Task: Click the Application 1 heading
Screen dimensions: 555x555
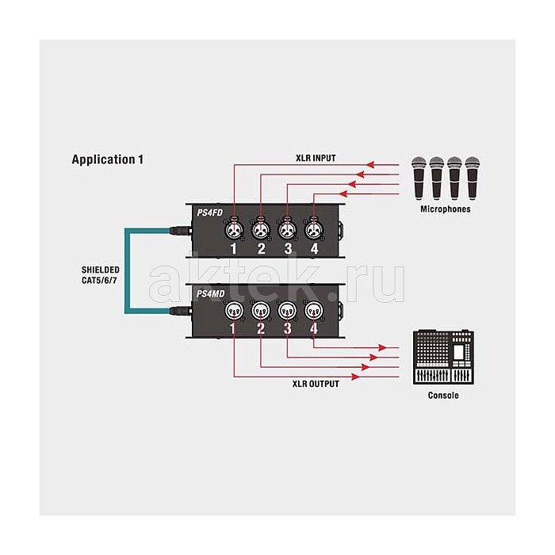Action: point(108,159)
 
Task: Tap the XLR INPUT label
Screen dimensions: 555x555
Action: point(316,159)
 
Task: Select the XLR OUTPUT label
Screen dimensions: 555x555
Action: point(316,384)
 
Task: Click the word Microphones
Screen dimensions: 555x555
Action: point(446,209)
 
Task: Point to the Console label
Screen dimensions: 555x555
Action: point(443,396)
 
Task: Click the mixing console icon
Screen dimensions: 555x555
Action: point(443,358)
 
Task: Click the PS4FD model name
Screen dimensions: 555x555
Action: point(210,212)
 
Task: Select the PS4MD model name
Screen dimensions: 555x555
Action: point(211,294)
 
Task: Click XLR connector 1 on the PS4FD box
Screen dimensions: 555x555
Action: point(234,231)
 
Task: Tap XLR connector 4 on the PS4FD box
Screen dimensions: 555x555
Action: point(313,231)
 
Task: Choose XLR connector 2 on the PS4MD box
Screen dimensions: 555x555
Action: point(261,311)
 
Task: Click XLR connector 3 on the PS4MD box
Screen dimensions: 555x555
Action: point(287,311)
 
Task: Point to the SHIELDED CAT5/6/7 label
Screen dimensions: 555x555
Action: point(100,275)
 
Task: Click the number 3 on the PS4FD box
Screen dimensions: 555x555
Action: point(288,249)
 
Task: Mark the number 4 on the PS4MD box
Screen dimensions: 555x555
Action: point(314,329)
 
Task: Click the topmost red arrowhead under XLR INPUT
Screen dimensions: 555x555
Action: point(370,165)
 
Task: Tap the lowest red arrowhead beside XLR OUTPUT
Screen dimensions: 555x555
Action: point(355,377)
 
